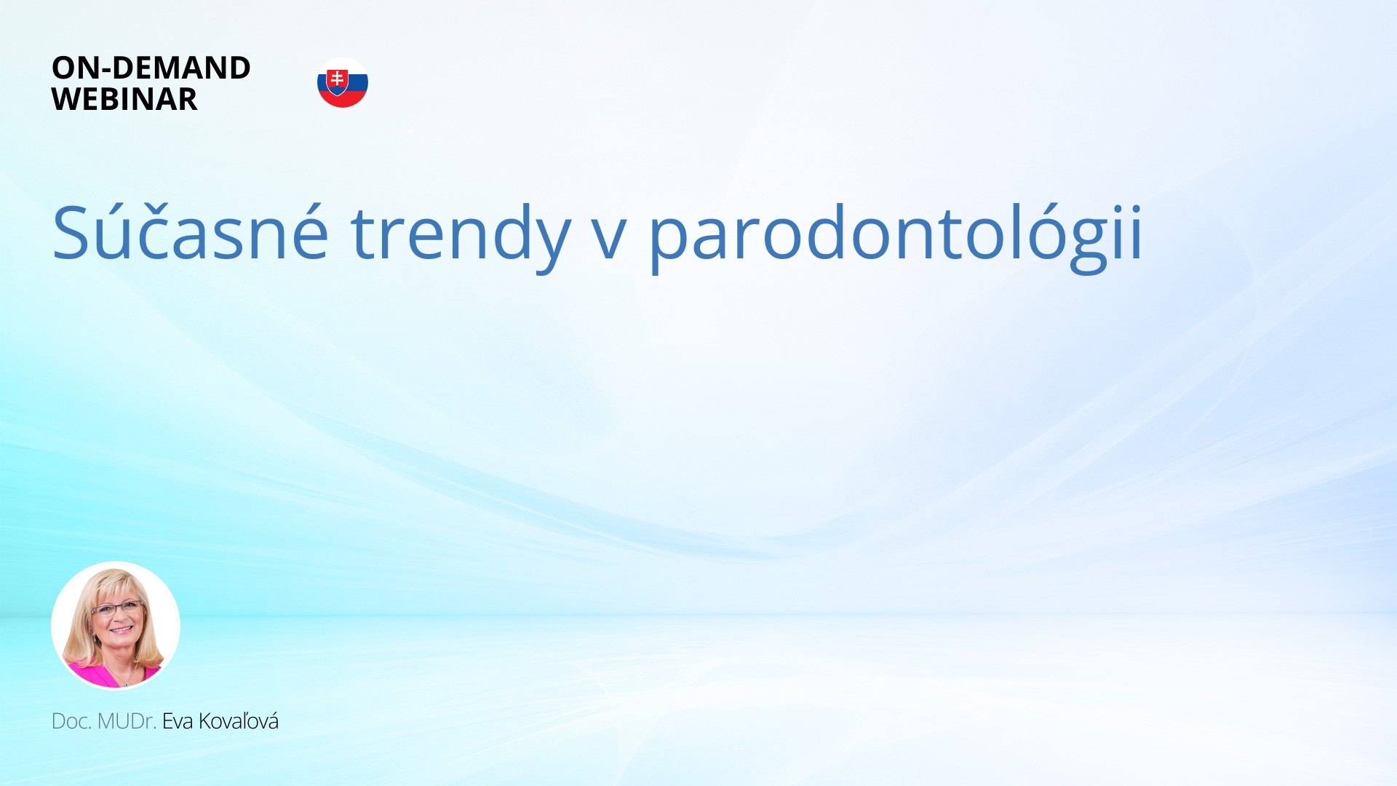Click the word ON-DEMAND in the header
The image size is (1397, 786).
tap(151, 68)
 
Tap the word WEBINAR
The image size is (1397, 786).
tap(124, 99)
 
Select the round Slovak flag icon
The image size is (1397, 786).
tap(343, 82)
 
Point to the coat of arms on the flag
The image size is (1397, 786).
tap(337, 82)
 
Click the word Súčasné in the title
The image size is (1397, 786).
tap(190, 231)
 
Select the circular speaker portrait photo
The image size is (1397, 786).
tap(116, 625)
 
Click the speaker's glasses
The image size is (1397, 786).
tap(116, 608)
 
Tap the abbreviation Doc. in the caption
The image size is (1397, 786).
tap(71, 721)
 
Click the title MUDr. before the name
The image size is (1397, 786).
tap(127, 721)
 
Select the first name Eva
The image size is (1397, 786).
tap(178, 721)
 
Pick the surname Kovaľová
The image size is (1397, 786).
tap(239, 721)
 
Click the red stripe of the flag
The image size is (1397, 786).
tap(343, 100)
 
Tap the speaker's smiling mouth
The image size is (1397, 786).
tap(121, 630)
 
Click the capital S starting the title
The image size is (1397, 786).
tap(71, 232)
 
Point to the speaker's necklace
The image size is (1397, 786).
tap(124, 679)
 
